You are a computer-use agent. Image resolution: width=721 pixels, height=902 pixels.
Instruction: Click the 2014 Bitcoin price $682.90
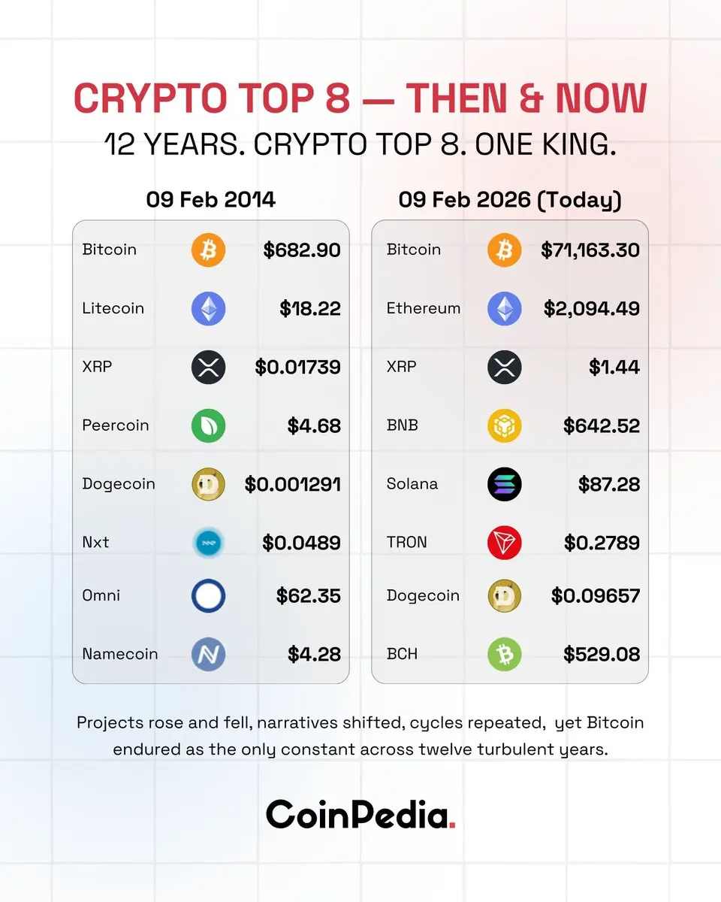click(302, 250)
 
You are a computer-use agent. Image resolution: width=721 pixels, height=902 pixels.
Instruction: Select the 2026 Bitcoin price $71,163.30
click(590, 250)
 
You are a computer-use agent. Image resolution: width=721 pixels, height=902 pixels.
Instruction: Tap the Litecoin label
click(113, 308)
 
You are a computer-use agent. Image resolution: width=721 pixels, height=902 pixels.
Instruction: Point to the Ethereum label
click(423, 308)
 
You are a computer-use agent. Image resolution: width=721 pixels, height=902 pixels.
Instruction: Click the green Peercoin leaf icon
click(208, 425)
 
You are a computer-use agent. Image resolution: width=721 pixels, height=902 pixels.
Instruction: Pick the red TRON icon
click(504, 543)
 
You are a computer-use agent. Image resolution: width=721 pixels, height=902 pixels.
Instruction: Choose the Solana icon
click(504, 484)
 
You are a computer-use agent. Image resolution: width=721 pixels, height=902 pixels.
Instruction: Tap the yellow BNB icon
click(504, 425)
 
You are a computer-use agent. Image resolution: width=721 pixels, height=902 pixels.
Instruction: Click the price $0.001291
click(293, 484)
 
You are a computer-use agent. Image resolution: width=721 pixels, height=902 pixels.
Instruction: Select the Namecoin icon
click(208, 654)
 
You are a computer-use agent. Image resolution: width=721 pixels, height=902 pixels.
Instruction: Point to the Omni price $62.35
click(308, 596)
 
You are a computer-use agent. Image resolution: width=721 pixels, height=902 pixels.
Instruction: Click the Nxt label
click(95, 542)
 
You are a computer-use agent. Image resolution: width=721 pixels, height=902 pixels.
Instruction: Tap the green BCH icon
click(504, 654)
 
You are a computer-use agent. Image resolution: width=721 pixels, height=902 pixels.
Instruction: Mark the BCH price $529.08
click(602, 654)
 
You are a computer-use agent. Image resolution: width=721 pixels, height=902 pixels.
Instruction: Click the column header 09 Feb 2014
click(210, 200)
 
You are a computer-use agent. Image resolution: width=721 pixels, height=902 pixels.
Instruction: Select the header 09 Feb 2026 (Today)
click(510, 200)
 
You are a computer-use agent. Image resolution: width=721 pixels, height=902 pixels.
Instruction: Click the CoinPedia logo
click(360, 814)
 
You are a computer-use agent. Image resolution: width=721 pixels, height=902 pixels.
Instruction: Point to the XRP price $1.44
click(614, 367)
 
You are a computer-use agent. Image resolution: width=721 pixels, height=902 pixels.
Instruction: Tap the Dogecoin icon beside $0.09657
click(504, 596)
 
